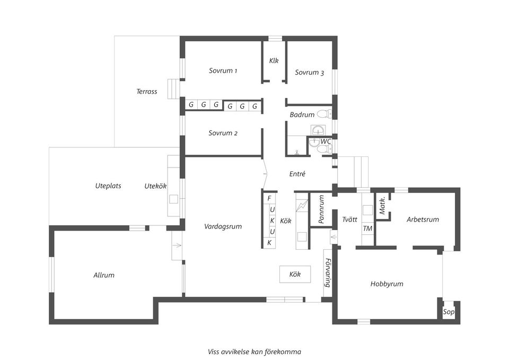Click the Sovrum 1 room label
tap(223, 71)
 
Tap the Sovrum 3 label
tap(309, 73)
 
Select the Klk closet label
tap(274, 60)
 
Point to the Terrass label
tap(147, 91)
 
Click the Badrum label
tap(302, 115)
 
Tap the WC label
tap(326, 141)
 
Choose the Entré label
tap(297, 173)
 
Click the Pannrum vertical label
tap(321, 209)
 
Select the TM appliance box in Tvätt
tap(367, 229)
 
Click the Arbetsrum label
tap(423, 219)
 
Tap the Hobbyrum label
tap(387, 284)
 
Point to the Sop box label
tap(449, 312)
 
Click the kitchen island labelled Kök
tap(295, 274)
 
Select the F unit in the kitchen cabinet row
tap(269, 198)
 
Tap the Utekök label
tap(155, 186)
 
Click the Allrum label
tap(104, 275)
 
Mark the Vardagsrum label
tap(223, 226)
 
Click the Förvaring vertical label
tap(328, 273)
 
